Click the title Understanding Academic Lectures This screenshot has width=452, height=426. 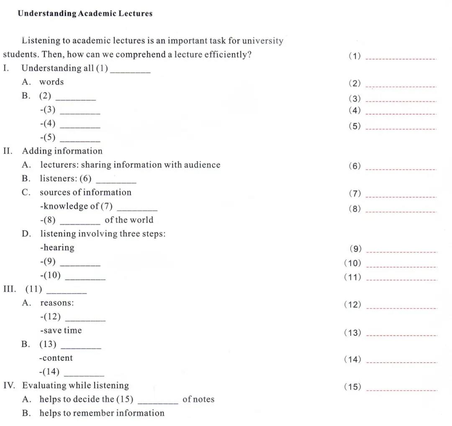pos(85,14)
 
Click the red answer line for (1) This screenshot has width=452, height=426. pos(401,59)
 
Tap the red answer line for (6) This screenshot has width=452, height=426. pos(401,169)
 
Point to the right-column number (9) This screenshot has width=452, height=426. pos(355,249)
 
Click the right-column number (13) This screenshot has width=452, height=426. pos(352,333)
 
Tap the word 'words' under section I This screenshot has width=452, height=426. pos(51,82)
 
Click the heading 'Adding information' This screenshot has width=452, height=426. pos(62,151)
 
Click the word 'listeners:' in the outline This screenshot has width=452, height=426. pos(58,179)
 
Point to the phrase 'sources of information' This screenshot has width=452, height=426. pos(85,192)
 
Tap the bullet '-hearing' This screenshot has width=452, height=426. pos(57,247)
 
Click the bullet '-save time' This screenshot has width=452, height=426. pos(61,330)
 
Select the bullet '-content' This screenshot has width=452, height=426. pos(56,358)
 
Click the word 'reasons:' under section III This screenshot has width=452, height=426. pos(56,303)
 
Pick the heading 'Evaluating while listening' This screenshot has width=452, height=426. pos(75,385)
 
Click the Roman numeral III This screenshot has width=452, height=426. pos(9,289)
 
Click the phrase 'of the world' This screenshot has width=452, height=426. pos(129,220)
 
